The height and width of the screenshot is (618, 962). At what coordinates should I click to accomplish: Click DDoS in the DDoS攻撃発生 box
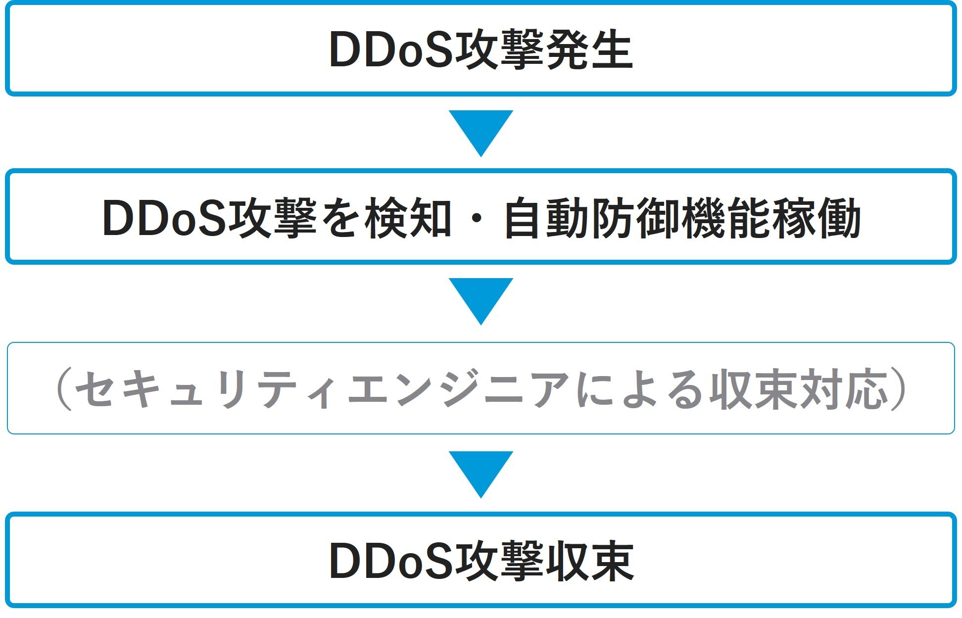coord(391,50)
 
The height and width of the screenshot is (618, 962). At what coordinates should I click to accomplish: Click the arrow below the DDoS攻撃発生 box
coord(481,131)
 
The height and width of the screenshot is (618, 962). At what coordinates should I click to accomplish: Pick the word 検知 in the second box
coord(408,218)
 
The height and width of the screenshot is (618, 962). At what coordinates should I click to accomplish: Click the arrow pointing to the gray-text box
coord(481,299)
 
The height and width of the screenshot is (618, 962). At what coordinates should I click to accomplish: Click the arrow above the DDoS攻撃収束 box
coord(481,472)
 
